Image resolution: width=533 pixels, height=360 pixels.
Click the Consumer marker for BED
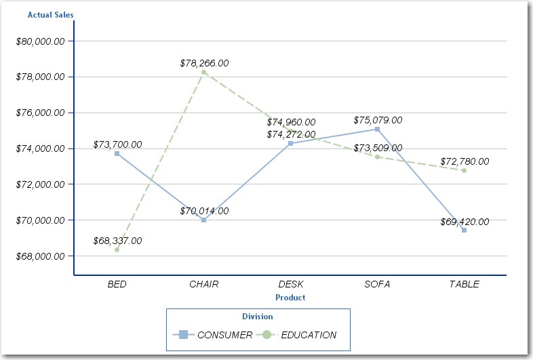[x=117, y=153]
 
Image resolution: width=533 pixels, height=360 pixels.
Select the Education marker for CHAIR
[x=203, y=72]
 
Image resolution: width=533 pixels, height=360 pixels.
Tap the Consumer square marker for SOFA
[x=377, y=129]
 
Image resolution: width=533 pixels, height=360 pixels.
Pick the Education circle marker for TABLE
[x=464, y=170]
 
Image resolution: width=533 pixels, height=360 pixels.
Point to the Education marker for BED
[x=117, y=249]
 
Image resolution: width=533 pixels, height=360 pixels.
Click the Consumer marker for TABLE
[x=464, y=230]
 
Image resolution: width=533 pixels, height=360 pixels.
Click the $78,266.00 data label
[x=204, y=63]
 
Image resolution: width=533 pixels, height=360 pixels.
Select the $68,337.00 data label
[x=117, y=241]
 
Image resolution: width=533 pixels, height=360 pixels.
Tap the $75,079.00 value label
[x=378, y=120]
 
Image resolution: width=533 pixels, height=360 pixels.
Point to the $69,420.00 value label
[x=465, y=222]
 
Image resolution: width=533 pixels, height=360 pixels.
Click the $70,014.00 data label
[x=204, y=211]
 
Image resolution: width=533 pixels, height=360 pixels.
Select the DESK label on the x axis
[x=291, y=284]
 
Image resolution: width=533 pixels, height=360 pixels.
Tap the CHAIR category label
[x=203, y=284]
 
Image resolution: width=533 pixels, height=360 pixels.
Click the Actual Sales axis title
[x=51, y=14]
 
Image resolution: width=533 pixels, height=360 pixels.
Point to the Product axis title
[x=290, y=298]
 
